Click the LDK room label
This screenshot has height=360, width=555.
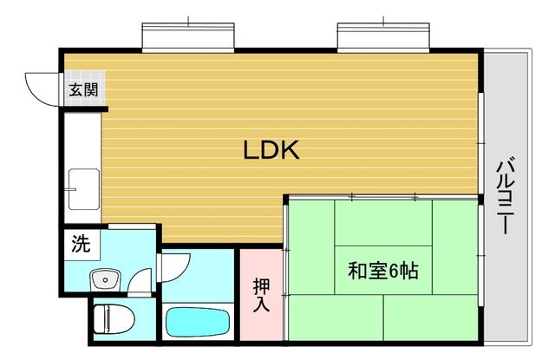click(x=271, y=151)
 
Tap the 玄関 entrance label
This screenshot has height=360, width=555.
click(x=84, y=88)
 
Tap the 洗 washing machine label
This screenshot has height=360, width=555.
click(x=80, y=245)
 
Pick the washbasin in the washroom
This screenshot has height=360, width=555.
click(x=107, y=279)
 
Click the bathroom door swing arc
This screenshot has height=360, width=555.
click(x=173, y=265)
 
